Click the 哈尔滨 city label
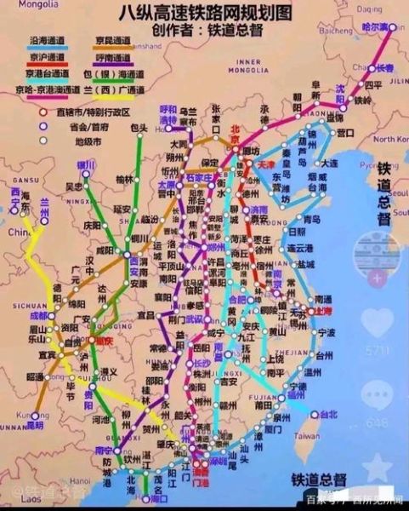[x=373, y=27]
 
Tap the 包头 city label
[x=139, y=129]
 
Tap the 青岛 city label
[x=311, y=219]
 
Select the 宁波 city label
[x=327, y=331]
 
